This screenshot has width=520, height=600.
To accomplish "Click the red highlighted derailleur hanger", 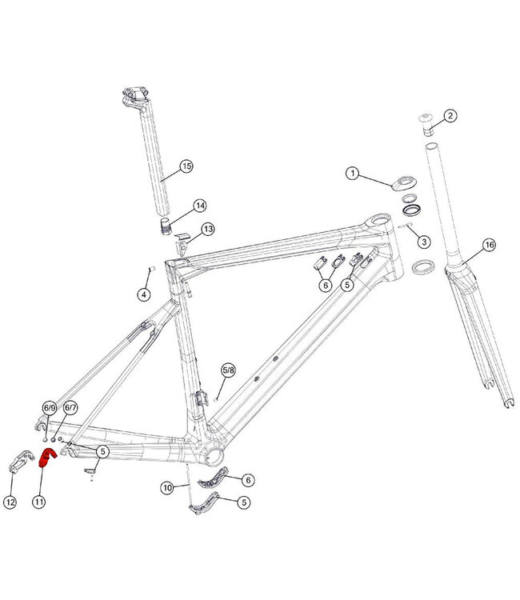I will pyautogui.click(x=46, y=458).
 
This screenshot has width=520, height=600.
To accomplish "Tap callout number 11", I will pyautogui.click(x=38, y=502).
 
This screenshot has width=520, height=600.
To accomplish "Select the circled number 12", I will pyautogui.click(x=10, y=502).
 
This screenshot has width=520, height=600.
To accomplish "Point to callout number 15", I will pyautogui.click(x=186, y=166).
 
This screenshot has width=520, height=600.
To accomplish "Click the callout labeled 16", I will pyautogui.click(x=490, y=244).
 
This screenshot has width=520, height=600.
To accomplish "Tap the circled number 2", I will pyautogui.click(x=450, y=116).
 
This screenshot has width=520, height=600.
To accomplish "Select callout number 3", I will pyautogui.click(x=424, y=242).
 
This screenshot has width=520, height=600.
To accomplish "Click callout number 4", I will pyautogui.click(x=144, y=294).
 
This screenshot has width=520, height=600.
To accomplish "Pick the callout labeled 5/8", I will pyautogui.click(x=229, y=370).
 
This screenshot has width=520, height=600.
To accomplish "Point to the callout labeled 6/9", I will pyautogui.click(x=49, y=408).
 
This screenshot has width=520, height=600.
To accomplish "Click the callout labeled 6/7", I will pyautogui.click(x=70, y=408).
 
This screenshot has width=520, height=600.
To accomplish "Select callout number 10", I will pyautogui.click(x=167, y=486).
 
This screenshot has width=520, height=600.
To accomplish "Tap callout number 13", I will pyautogui.click(x=208, y=230).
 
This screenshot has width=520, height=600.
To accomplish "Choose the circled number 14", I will pyautogui.click(x=199, y=206).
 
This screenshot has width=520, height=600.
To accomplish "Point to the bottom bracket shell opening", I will pyautogui.click(x=216, y=455).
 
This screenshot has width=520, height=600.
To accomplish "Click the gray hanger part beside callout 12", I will pyautogui.click(x=20, y=463).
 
